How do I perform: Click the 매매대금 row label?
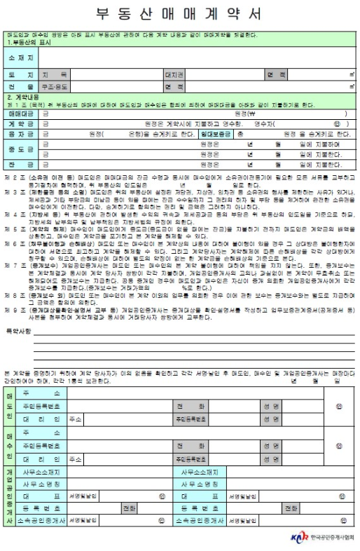click(x=21, y=112)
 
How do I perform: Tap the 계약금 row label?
click(x=21, y=123)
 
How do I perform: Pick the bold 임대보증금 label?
click(x=216, y=133)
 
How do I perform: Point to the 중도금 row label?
click(x=21, y=149)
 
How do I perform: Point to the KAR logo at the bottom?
click(x=299, y=538)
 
